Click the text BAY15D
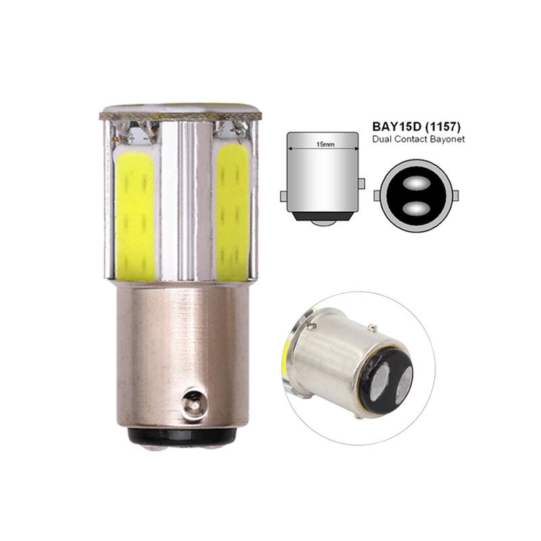pos(397,126)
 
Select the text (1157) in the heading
pos(443,126)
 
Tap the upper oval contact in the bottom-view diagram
pos(416,183)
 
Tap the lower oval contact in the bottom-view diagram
pos(416,208)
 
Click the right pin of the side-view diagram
pos(362,183)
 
